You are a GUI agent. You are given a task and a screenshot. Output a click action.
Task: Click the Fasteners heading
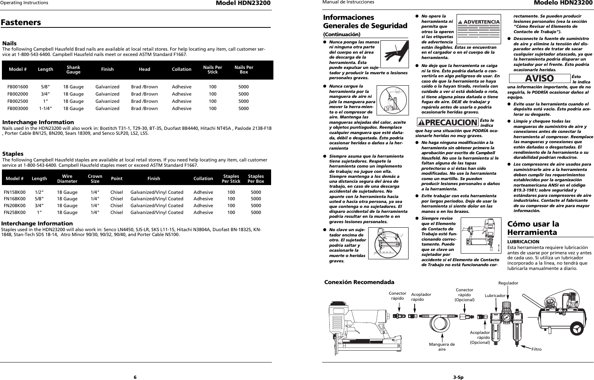click(21, 22)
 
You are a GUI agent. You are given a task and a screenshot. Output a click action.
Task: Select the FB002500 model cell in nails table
click(18, 101)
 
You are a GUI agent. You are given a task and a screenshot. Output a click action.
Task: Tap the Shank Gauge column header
click(73, 69)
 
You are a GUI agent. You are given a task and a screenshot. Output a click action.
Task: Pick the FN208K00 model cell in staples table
click(15, 206)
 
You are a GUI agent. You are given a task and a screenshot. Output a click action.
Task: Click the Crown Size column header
click(95, 179)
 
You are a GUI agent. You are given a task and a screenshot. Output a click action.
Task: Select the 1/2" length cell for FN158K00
click(39, 192)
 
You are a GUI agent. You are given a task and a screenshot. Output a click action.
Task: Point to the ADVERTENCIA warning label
click(479, 22)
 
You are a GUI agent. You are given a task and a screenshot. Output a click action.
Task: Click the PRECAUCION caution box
click(447, 122)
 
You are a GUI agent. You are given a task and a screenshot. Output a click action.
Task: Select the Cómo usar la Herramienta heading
click(533, 228)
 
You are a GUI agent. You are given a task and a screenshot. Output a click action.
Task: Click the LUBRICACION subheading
click(523, 242)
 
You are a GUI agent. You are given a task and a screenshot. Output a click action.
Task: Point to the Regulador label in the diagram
click(508, 283)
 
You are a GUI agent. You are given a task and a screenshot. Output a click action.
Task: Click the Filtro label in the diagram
click(536, 349)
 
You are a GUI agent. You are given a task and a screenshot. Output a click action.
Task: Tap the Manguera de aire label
click(442, 346)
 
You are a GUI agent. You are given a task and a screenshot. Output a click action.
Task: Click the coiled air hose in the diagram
click(442, 322)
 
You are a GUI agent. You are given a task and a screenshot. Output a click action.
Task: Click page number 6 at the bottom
click(135, 377)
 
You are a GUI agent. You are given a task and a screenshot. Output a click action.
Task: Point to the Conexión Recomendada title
click(359, 282)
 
